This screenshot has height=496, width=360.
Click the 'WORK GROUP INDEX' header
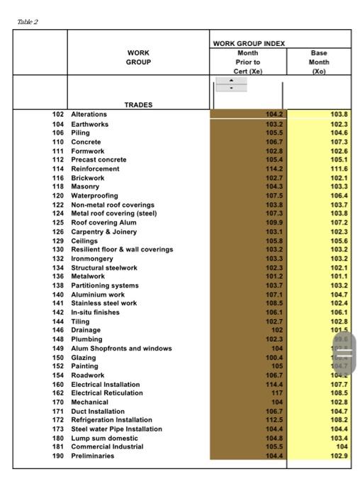[249, 44]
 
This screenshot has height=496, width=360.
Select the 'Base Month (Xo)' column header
[319, 62]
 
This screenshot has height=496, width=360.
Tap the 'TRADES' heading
[138, 105]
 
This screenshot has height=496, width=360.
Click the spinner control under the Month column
[231, 85]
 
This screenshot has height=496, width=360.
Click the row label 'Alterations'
[89, 114]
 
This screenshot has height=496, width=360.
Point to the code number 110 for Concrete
[59, 142]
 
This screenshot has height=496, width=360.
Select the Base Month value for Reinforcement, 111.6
[339, 169]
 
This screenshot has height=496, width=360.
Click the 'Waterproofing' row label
[94, 196]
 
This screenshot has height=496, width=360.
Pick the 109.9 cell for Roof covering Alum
[274, 222]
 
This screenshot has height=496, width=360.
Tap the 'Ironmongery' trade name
[93, 259]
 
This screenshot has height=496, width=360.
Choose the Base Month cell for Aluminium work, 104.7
[339, 294]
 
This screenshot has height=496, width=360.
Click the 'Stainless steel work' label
[104, 303]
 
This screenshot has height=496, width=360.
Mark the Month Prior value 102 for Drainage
[277, 330]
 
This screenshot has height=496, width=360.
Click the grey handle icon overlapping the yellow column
[344, 354]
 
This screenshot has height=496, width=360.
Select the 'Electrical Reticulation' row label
[106, 393]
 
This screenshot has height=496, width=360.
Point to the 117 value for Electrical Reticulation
[277, 393]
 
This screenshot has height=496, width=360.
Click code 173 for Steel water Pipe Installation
[59, 429]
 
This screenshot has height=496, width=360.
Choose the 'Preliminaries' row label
[92, 456]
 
